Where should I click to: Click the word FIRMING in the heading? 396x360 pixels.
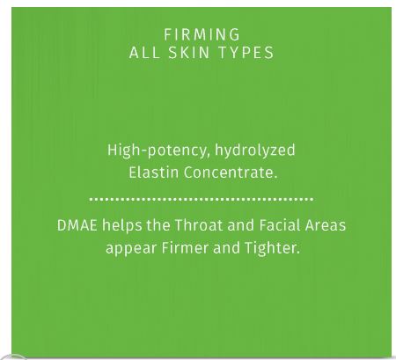(x=202, y=34)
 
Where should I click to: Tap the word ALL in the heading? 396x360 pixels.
(x=144, y=53)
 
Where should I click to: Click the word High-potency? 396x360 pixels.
(x=157, y=151)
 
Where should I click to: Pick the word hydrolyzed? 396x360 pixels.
(x=255, y=151)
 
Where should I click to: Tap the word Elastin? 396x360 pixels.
(x=154, y=173)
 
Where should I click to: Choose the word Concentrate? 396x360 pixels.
(x=231, y=173)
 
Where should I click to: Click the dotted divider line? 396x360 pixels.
(x=202, y=199)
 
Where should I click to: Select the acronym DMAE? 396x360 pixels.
(x=77, y=225)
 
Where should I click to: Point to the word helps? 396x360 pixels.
(x=121, y=226)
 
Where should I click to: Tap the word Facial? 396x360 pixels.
(x=280, y=225)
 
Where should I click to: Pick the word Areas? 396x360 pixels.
(x=326, y=225)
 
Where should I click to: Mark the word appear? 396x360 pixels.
(x=131, y=249)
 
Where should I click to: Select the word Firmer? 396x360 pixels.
(x=185, y=248)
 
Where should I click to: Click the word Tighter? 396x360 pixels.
(x=272, y=249)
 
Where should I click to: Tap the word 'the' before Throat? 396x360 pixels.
(x=158, y=225)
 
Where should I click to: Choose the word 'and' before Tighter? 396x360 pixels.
(x=226, y=248)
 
